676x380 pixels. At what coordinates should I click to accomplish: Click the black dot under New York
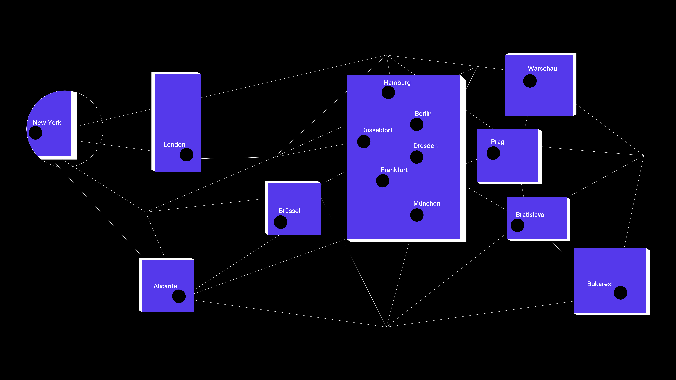[35, 133]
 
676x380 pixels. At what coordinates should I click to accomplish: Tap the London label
[174, 145]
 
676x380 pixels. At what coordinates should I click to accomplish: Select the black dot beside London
[187, 155]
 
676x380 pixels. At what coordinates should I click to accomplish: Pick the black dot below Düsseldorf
[364, 142]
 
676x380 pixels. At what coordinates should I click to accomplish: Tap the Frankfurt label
[394, 170]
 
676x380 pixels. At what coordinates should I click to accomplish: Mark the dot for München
[417, 215]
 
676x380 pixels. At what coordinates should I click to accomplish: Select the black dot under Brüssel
[281, 222]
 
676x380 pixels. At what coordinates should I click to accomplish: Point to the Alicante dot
[179, 296]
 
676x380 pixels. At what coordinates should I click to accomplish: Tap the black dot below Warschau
[530, 81]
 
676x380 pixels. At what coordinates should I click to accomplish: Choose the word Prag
[498, 142]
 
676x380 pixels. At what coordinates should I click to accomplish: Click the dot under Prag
[493, 153]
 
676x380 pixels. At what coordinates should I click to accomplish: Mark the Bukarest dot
[621, 293]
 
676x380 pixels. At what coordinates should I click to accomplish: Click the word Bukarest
[600, 284]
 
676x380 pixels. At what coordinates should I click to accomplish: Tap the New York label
[47, 123]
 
